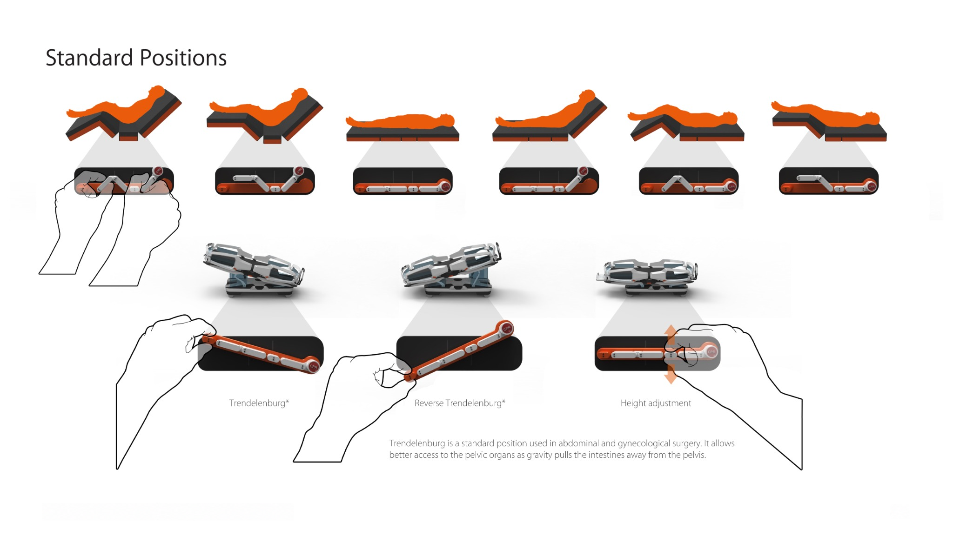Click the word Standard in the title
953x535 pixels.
[x=89, y=58]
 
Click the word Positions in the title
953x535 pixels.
[x=183, y=58]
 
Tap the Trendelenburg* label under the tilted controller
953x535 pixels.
[x=259, y=403]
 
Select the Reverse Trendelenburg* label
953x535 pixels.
[x=460, y=403]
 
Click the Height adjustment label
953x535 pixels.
[x=656, y=403]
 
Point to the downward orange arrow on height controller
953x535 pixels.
[x=670, y=374]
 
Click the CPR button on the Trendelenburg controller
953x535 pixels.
[x=313, y=367]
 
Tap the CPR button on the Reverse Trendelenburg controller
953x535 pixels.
[x=506, y=328]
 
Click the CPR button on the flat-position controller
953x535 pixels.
[x=445, y=187]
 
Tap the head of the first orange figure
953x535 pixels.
[x=157, y=91]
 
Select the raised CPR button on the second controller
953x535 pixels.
[x=299, y=171]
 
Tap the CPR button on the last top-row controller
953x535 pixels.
[x=871, y=187]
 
